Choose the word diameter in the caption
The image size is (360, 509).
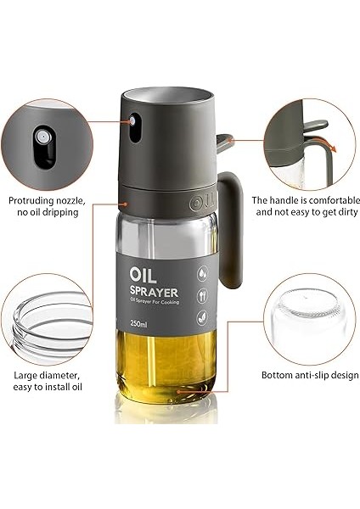64,374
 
